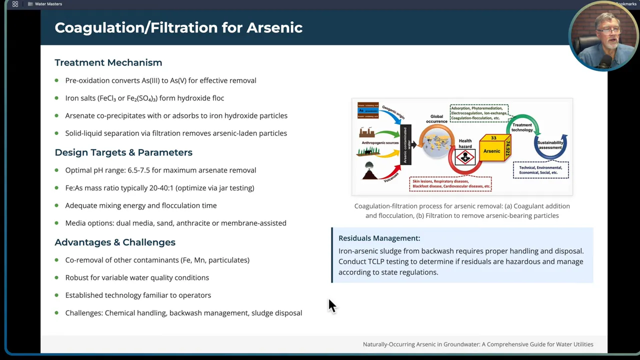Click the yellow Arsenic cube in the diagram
coord(492,150)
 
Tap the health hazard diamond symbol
coord(465,158)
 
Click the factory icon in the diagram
coord(366,132)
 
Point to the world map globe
coord(436,141)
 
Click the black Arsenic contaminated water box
coord(405,145)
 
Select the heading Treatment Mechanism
coord(108,62)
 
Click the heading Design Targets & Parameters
coord(123,152)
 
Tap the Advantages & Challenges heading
coord(114,242)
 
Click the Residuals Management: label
coord(379,238)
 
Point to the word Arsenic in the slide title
coord(274,27)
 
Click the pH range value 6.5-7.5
coord(138,170)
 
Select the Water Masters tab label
coord(48,4)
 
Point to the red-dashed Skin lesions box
coord(450,184)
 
